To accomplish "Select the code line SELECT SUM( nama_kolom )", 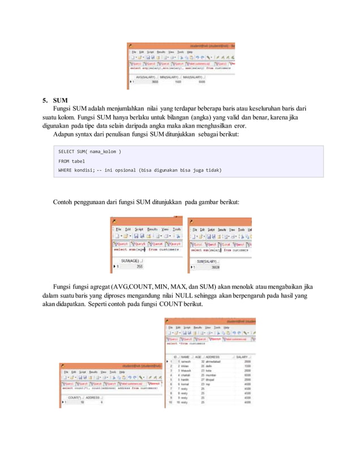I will pos(89,152).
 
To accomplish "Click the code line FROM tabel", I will pos(71,161).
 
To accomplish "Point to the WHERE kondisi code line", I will pos(139,170).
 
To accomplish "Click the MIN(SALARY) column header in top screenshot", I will pos(170,76).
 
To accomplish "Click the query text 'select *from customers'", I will pos(185,343).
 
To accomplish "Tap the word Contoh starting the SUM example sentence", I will pos(64,202).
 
